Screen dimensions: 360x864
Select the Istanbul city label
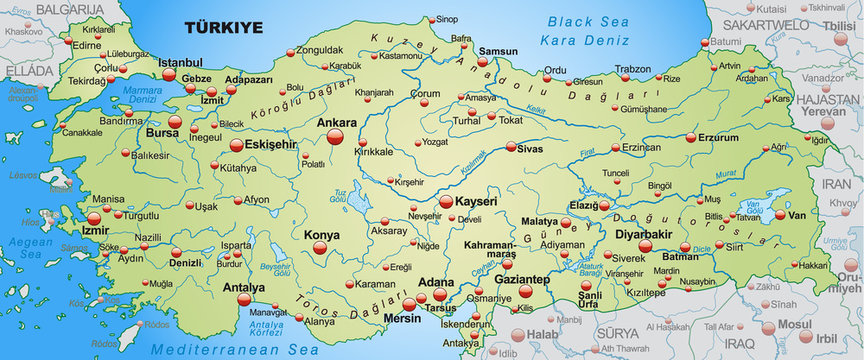coord(180,62)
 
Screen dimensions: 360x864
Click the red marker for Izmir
coord(94,218)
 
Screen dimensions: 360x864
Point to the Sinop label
coord(448,19)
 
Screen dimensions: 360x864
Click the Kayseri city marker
coord(443,209)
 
